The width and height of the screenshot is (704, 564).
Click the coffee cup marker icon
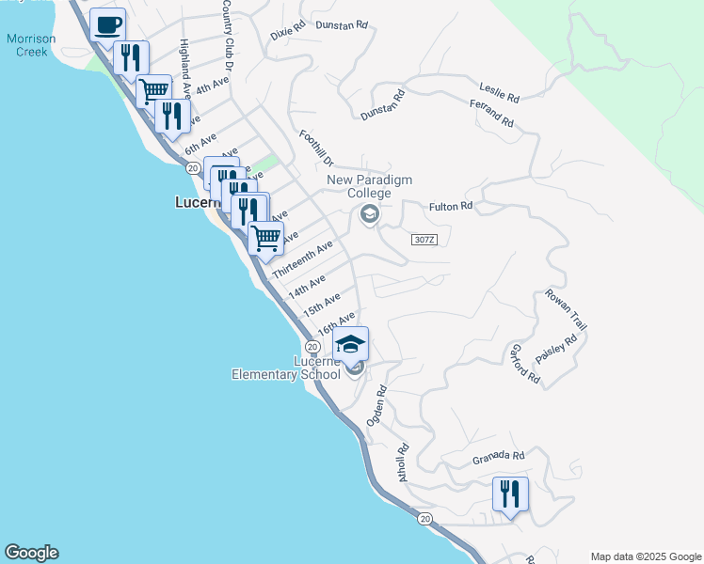click(x=108, y=23)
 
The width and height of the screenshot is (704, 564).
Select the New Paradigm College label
click(x=370, y=186)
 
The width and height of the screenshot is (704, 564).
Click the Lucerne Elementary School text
click(x=286, y=368)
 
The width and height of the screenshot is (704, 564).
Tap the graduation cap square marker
click(x=350, y=344)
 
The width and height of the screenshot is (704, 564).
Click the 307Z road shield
click(x=424, y=240)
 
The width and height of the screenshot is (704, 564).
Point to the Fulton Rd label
click(x=450, y=206)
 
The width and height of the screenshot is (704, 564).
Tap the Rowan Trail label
click(x=565, y=310)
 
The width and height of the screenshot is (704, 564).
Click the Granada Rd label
click(x=498, y=457)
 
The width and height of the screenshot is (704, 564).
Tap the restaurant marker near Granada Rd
click(x=509, y=494)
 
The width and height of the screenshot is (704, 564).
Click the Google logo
click(x=31, y=553)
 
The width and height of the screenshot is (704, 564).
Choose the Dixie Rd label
click(x=288, y=31)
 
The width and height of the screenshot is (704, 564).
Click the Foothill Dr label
click(x=316, y=149)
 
